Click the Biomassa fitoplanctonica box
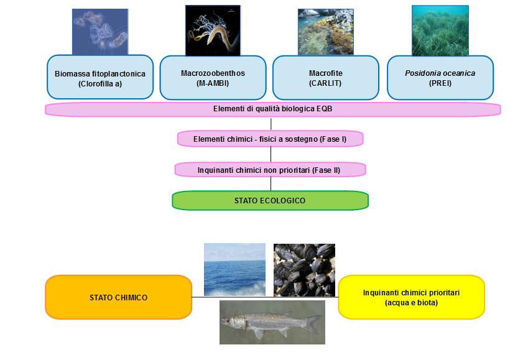[x=100, y=78]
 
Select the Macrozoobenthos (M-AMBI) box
[x=213, y=78]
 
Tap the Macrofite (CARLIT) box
[x=325, y=78]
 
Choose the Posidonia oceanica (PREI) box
[x=440, y=78]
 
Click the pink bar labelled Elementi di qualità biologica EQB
[x=272, y=109]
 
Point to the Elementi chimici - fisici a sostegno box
[x=270, y=139]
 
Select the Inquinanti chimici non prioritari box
[x=270, y=169]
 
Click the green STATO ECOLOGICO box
[x=270, y=200]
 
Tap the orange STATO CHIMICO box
[x=118, y=297]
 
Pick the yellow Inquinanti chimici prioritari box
[x=411, y=297]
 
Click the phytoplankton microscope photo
[x=100, y=32]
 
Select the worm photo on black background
[x=213, y=30]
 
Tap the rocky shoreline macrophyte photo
[x=325, y=32]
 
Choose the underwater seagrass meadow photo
[x=440, y=30]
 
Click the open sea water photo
[x=234, y=269]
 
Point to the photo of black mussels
[x=304, y=269]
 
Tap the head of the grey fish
[x=233, y=321]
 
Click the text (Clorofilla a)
[x=100, y=83]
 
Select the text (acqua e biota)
[x=411, y=303]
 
